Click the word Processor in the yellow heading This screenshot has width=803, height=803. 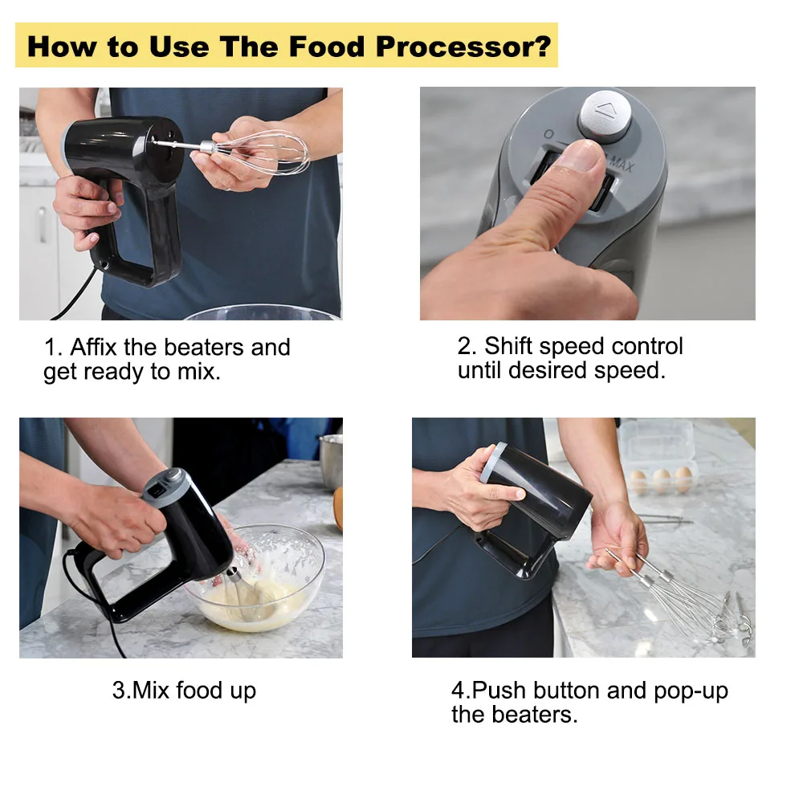click(463, 47)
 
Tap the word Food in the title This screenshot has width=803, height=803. click(327, 47)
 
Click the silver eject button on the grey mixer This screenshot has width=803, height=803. click(605, 116)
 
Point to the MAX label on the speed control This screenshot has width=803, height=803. click(622, 164)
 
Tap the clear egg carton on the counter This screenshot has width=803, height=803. click(658, 458)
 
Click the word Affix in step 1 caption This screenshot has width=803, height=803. click(93, 347)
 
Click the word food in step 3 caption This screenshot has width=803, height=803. click(198, 690)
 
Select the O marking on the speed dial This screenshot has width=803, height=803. click(548, 134)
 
